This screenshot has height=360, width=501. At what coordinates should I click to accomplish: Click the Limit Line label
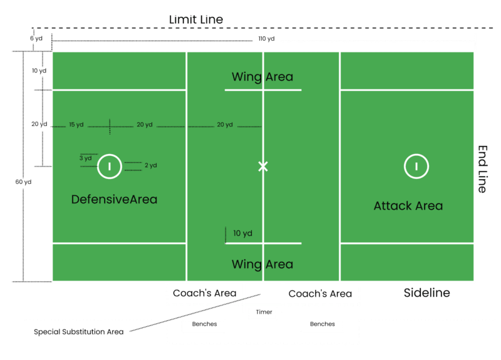pos(196,20)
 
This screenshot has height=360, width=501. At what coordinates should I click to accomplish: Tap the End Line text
pos(483,169)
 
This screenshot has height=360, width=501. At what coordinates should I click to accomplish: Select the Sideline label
pos(426,292)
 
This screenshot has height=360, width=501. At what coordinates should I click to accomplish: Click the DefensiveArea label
pos(114,200)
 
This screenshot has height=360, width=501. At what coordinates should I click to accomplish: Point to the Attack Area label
pos(408,205)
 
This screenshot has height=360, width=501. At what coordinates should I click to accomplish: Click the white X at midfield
pos(263,166)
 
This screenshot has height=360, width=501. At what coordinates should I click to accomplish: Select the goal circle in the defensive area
pos(109,166)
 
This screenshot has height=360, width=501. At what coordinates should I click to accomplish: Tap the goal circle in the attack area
pos(416,166)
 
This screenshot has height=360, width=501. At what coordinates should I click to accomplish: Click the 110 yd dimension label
pos(266,39)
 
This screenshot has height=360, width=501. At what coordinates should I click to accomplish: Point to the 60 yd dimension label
pos(23,182)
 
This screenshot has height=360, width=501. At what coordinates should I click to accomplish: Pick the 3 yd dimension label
pos(85,158)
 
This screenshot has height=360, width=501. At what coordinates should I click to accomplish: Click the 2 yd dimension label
pos(150,166)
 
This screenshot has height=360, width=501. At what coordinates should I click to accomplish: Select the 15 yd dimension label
pos(76,125)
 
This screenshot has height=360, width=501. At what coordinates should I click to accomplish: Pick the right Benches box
pos(322,325)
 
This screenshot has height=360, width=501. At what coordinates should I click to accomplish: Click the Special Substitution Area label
pos(79,331)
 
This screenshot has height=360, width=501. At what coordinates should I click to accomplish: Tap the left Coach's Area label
pos(204,293)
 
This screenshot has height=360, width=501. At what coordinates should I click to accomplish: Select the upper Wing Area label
pos(262,77)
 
